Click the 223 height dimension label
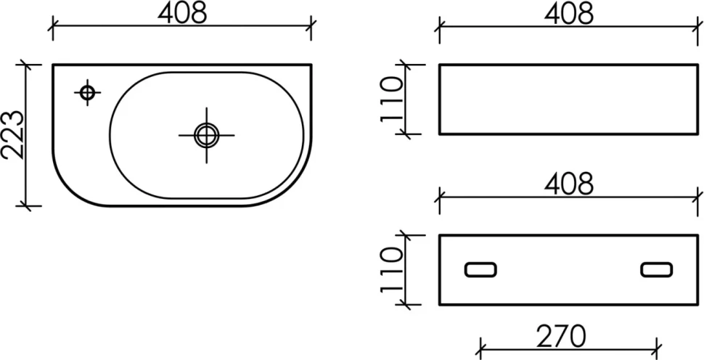[x=12, y=134]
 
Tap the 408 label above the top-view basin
[x=182, y=13]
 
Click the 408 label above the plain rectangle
[x=569, y=13]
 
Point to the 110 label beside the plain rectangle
[x=391, y=99]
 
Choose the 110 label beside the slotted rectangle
[x=391, y=269]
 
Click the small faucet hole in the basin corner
[x=87, y=93]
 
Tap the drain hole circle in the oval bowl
[x=207, y=135]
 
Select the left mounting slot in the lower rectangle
[x=480, y=269]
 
